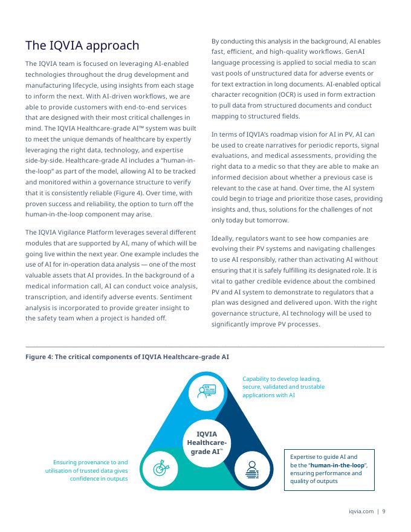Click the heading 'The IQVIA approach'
point(82,46)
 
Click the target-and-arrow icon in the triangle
point(163,467)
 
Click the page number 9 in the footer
point(383,511)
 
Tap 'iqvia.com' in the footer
point(361,511)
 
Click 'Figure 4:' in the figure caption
point(39,357)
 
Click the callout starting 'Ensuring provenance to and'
point(90,462)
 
